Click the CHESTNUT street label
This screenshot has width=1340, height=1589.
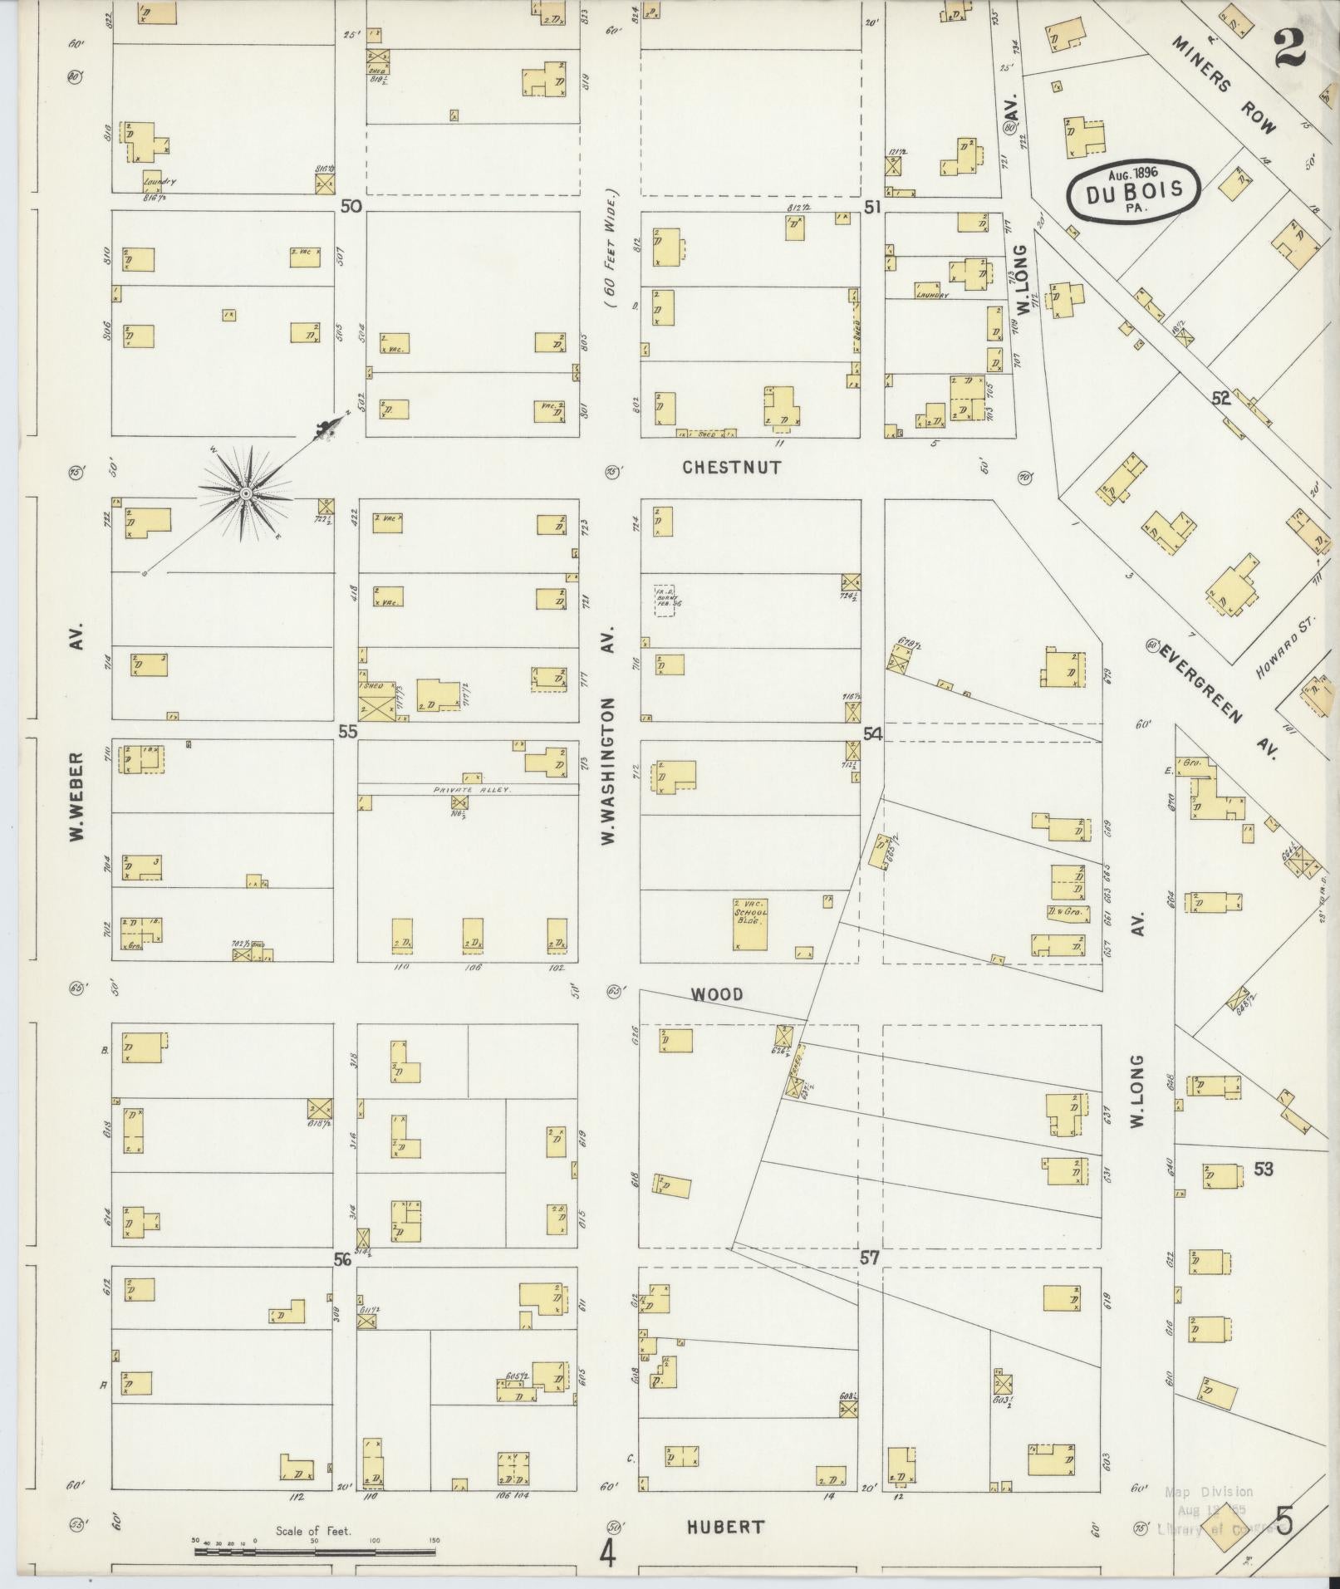(x=731, y=468)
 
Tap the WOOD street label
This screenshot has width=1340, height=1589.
(x=717, y=994)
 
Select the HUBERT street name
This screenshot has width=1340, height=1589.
(x=725, y=1527)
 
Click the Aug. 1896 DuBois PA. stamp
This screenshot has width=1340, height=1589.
(x=1133, y=191)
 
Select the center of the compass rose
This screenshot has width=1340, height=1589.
(x=245, y=494)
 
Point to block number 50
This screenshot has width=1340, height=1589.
(x=351, y=206)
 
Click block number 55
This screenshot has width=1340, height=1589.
(x=346, y=732)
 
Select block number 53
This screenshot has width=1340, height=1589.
(x=1263, y=1170)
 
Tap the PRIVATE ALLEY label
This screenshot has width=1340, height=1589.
(x=469, y=791)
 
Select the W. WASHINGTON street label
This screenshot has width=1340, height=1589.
(x=609, y=772)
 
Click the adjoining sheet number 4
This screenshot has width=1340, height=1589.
(x=608, y=1554)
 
